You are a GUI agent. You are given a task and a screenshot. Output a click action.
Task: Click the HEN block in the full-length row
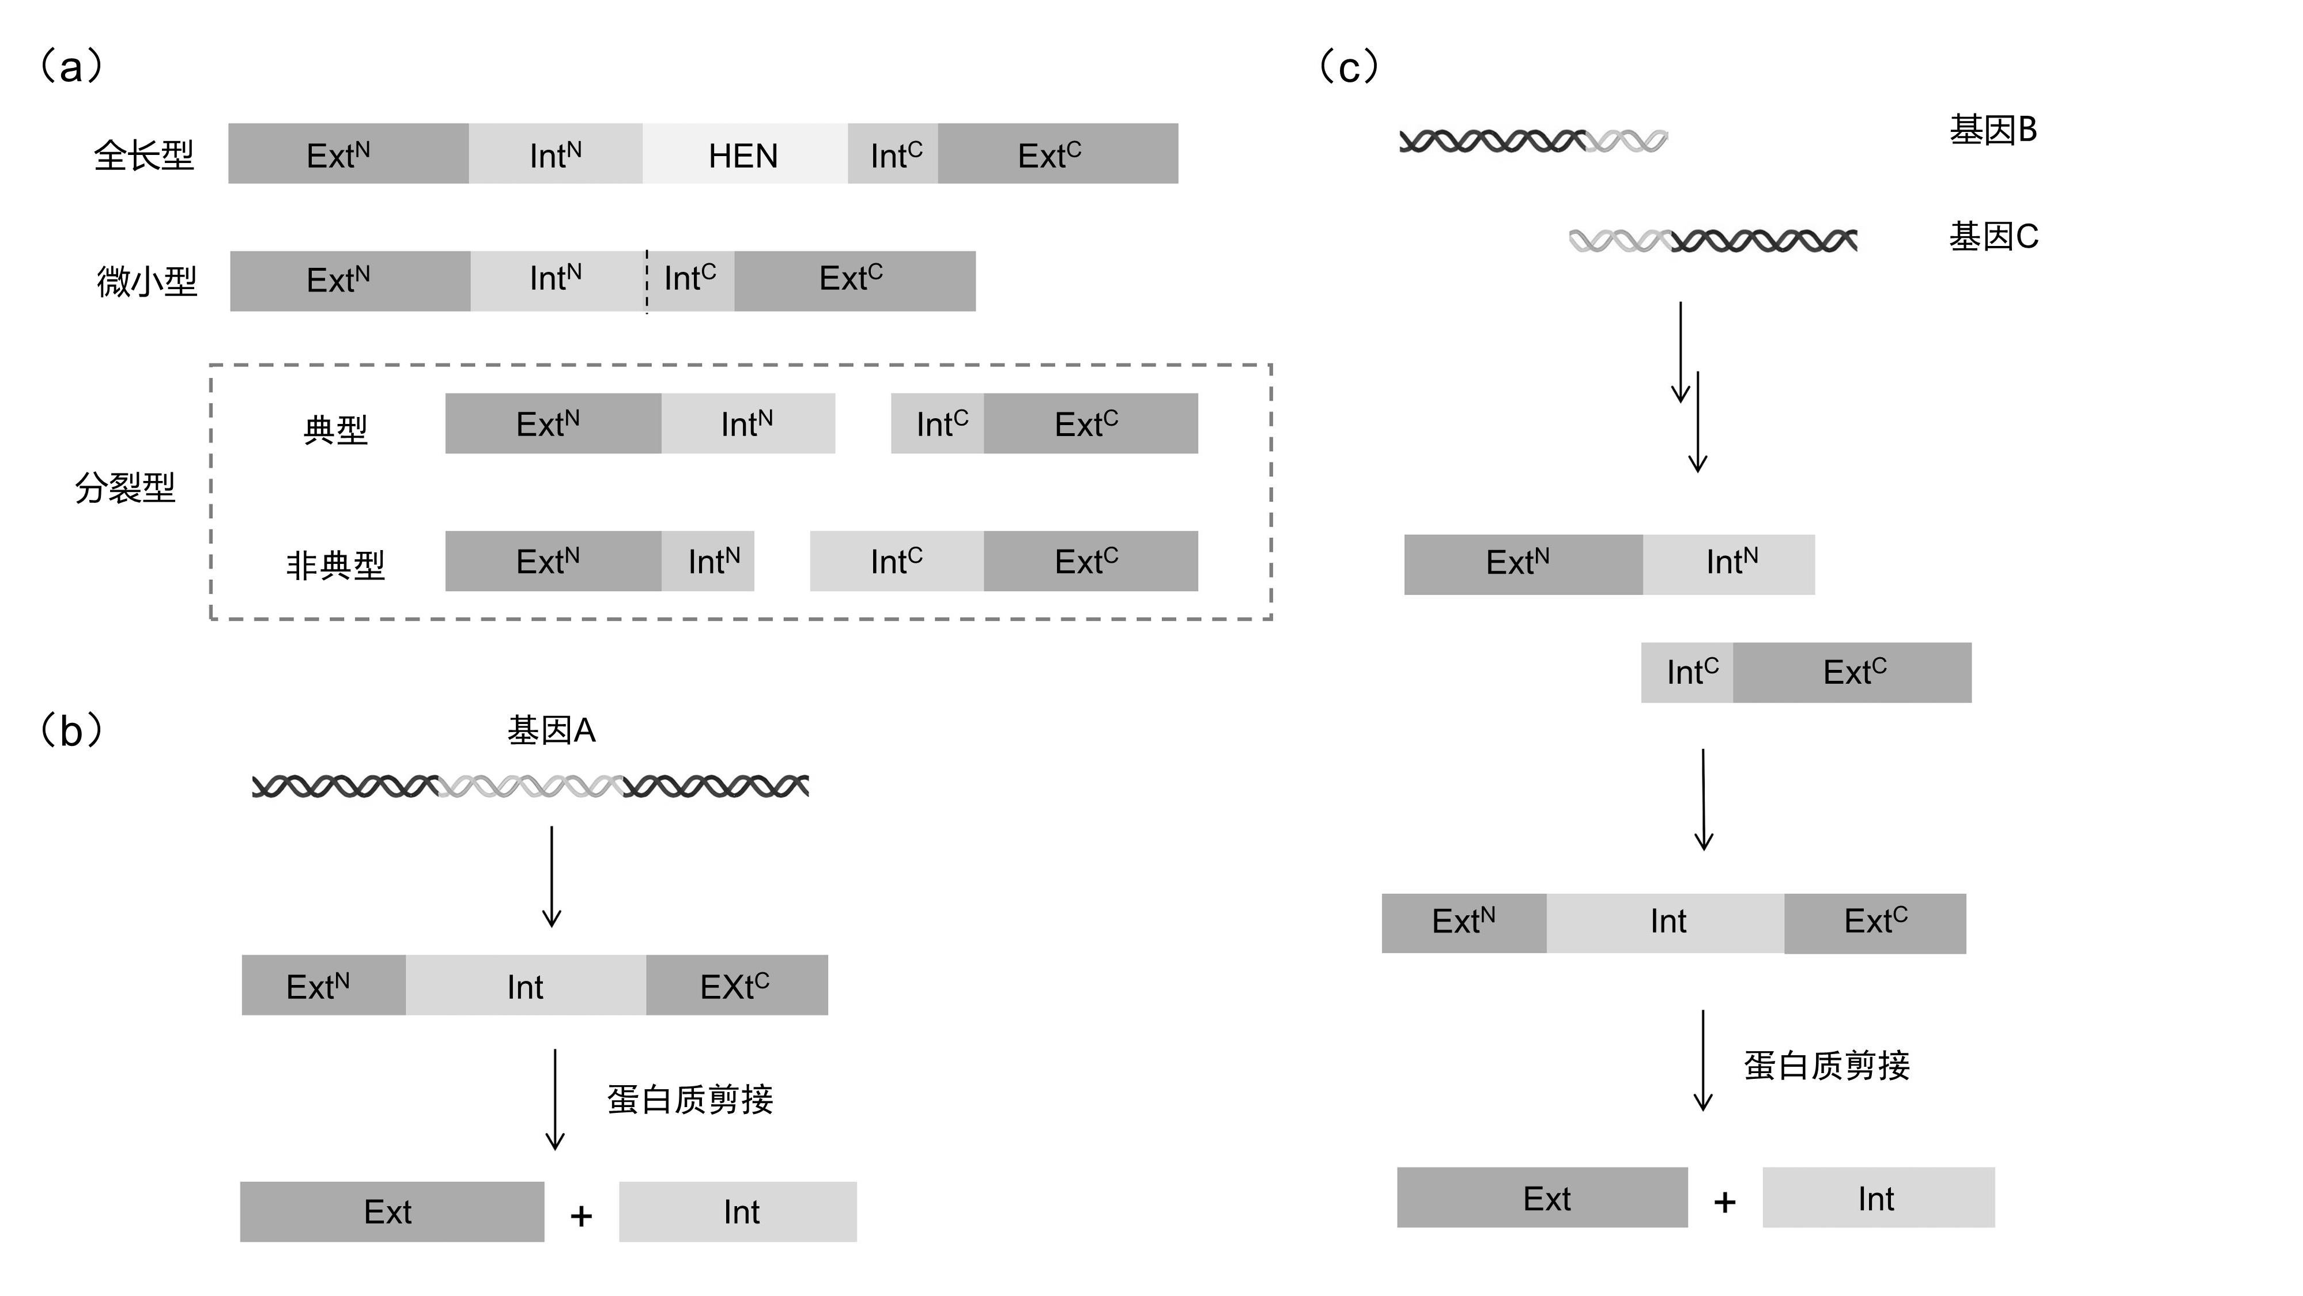tap(745, 154)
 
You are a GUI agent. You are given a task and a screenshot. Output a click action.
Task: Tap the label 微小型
tap(146, 282)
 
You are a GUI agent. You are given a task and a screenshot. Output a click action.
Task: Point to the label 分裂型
tap(125, 488)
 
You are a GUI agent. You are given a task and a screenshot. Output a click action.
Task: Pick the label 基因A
tap(552, 731)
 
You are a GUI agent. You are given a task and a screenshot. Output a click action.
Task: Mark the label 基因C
tap(1994, 237)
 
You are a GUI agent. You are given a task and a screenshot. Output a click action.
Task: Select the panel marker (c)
tap(1350, 67)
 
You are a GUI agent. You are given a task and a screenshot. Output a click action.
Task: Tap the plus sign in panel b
tap(581, 1215)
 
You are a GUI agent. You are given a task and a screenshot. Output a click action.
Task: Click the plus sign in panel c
tap(1724, 1202)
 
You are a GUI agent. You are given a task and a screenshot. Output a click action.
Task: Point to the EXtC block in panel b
tap(737, 985)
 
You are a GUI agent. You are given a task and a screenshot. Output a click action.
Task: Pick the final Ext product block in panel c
tap(1542, 1198)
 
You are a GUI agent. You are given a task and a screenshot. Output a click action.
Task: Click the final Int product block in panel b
tap(738, 1212)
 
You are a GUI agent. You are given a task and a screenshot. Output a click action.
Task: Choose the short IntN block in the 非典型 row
tap(708, 561)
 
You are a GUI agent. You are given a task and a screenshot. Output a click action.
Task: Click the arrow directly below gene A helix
tap(552, 876)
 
